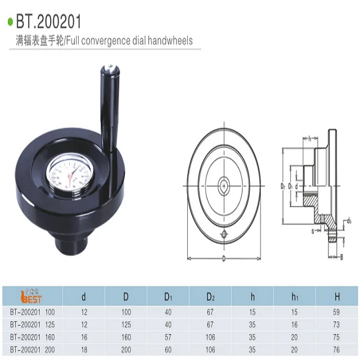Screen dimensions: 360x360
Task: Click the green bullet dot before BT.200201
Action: click(x=10, y=22)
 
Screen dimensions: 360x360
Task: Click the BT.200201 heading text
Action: click(x=48, y=22)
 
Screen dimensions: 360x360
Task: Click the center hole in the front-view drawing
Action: click(x=224, y=184)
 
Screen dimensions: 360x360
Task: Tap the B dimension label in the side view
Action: click(x=342, y=257)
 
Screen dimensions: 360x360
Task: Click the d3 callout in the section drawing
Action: click(x=349, y=220)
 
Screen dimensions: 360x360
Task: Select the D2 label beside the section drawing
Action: click(x=283, y=184)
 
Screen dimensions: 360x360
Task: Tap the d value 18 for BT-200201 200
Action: click(x=84, y=348)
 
